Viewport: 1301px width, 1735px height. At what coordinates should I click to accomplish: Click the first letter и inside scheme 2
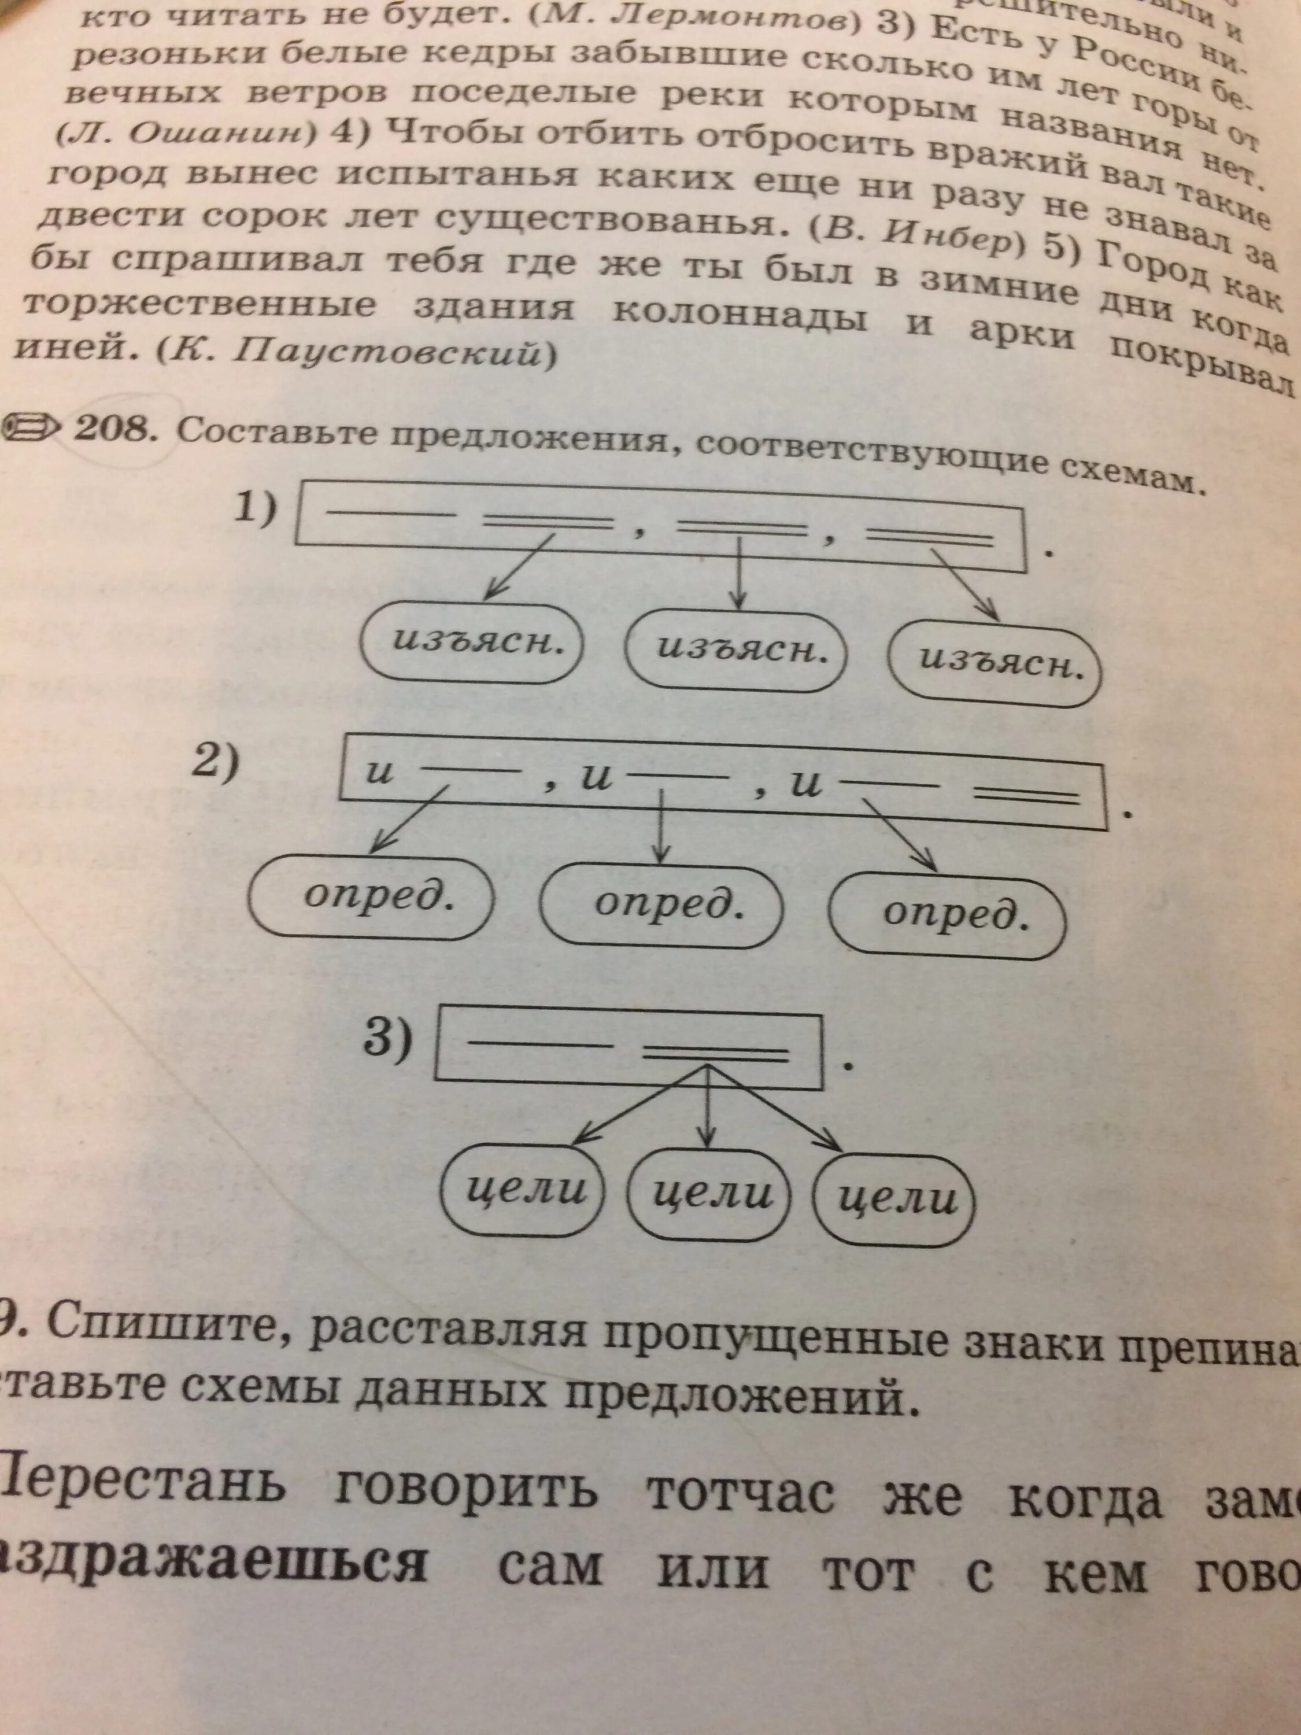pyautogui.click(x=379, y=774)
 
